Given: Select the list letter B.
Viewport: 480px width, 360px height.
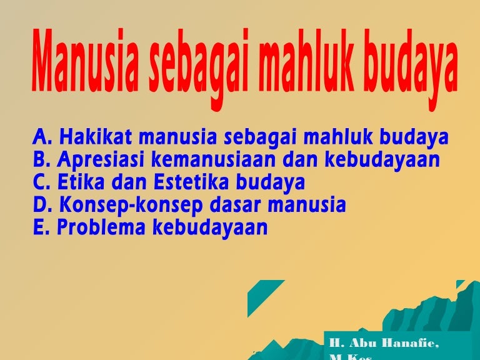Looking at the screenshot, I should pyautogui.click(x=40, y=160).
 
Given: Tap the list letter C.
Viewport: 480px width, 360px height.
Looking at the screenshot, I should pyautogui.click(x=40, y=182).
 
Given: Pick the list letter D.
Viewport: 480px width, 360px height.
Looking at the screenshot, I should pyautogui.click(x=41, y=205).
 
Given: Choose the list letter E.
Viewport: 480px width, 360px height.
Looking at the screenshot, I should pyautogui.click(x=39, y=228).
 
